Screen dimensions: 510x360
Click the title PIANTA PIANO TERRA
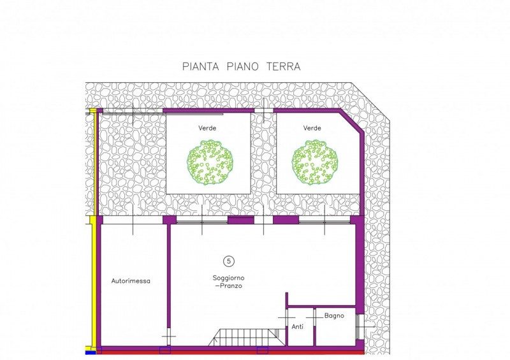coord(241,66)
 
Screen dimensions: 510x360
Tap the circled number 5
coord(229,261)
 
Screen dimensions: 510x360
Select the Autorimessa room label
coord(131,281)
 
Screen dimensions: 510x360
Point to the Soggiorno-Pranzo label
coord(229,282)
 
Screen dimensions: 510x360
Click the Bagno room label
coord(334,316)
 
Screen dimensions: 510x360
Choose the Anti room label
coord(297,327)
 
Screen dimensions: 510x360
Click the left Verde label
coord(208,128)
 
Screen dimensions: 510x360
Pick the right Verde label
coord(312,128)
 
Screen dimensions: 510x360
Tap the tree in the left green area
coord(210,162)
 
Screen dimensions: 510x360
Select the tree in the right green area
coord(315,162)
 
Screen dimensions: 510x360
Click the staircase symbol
coord(246,337)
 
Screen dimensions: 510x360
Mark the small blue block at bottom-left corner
coord(90,352)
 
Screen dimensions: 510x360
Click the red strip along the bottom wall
coord(230,352)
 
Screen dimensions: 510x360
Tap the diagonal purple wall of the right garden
coord(351,121)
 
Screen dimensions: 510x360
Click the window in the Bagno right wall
coord(358,326)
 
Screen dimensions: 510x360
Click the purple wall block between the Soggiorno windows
coord(241,220)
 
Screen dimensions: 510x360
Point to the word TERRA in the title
coord(283,66)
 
